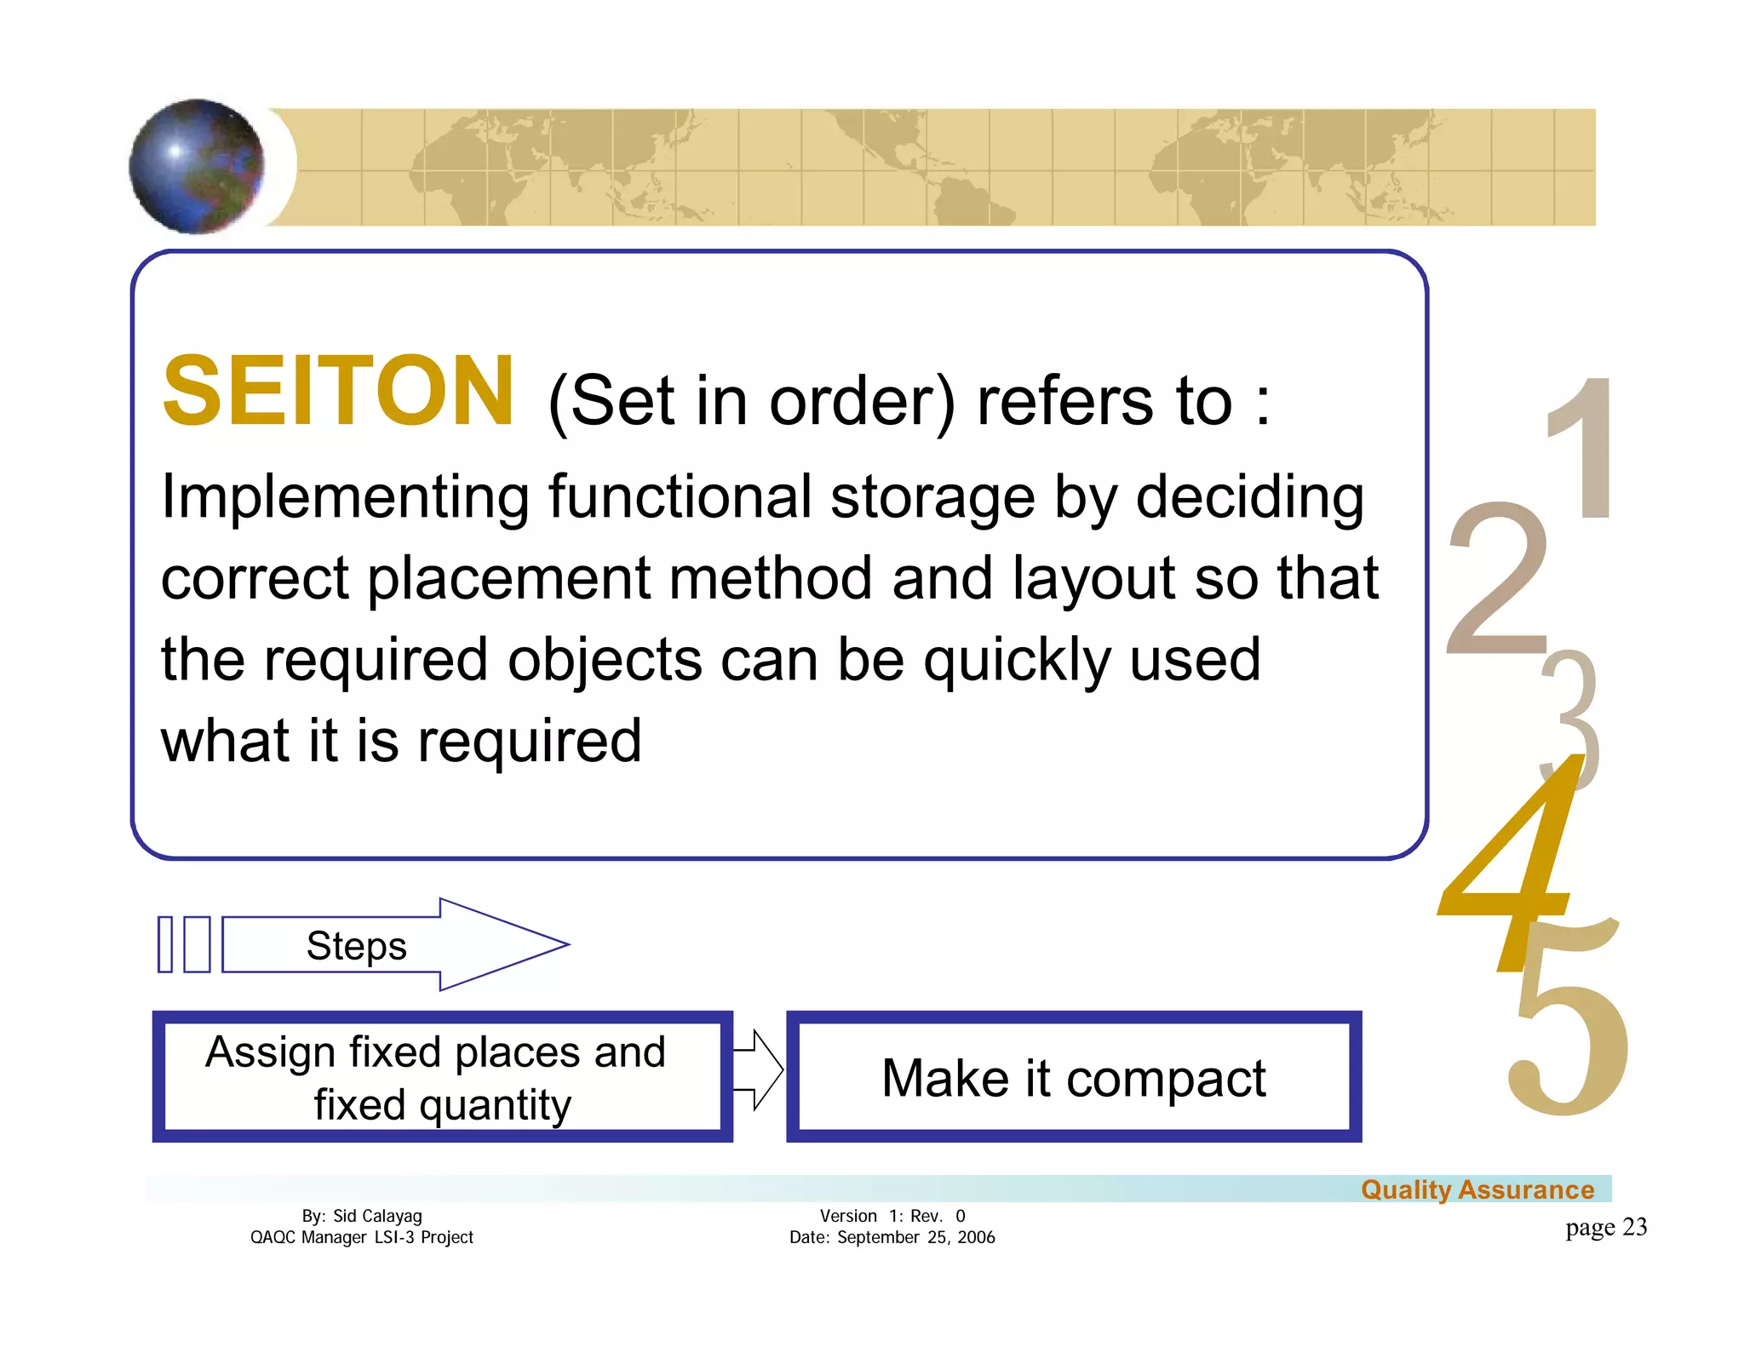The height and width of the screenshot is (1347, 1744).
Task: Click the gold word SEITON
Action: [338, 392]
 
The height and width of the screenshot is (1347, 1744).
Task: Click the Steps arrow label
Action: [356, 945]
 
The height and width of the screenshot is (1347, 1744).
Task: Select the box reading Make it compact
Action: [1073, 1077]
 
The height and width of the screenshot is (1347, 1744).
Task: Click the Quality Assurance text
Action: [1477, 1189]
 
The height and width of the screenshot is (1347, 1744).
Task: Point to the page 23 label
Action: [1606, 1227]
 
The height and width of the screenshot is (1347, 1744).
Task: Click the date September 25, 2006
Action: [915, 1237]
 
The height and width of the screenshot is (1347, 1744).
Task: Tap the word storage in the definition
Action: [932, 497]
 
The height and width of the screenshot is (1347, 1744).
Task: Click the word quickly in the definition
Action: [1018, 661]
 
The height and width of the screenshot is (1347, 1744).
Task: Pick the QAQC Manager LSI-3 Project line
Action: [362, 1237]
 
